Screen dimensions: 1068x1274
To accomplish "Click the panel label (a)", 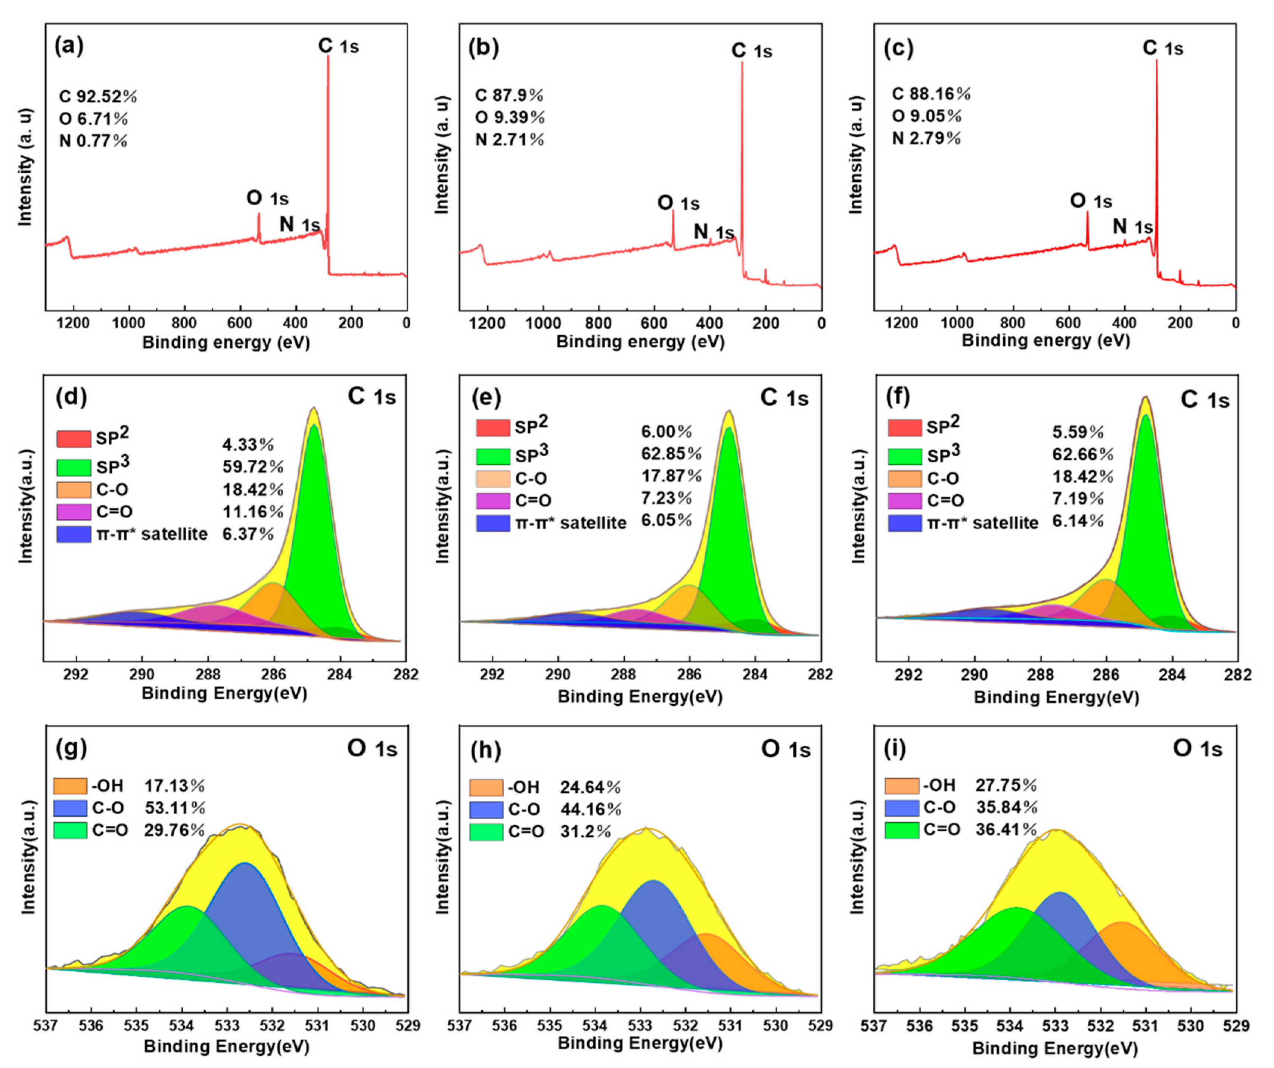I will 69,46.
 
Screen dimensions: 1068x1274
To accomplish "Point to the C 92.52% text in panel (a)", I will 98,96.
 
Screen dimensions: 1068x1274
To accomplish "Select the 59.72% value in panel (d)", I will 252,467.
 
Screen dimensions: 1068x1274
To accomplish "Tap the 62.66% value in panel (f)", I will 1083,454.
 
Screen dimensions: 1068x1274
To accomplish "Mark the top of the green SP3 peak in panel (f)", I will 1146,416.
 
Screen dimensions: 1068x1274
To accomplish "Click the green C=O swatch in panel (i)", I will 901,829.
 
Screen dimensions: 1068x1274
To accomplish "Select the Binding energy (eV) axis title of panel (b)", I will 640,342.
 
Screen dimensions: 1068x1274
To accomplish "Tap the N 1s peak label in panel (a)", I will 299,224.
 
